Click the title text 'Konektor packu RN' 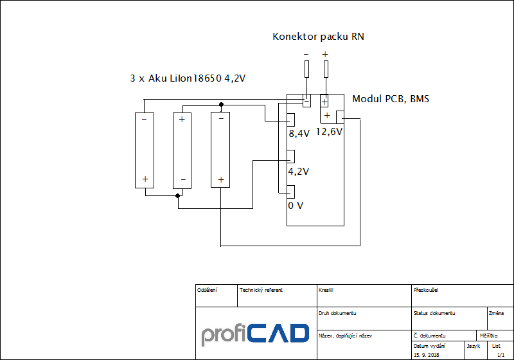(318, 37)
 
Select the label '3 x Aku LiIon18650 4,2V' (188, 78)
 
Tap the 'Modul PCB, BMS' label (391, 99)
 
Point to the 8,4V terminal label (299, 134)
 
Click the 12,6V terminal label (329, 132)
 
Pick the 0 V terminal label (296, 206)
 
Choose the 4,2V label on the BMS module (299, 172)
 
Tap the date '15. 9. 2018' (427, 355)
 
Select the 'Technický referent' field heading (261, 290)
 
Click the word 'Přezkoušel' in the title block (427, 290)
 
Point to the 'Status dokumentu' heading (434, 313)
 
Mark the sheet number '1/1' (501, 355)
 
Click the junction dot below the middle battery (177, 195)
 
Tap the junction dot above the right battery (221, 104)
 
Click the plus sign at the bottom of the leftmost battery (145, 179)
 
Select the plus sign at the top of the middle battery (182, 120)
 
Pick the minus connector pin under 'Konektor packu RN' (306, 69)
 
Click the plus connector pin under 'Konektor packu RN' (326, 69)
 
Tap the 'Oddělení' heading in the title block (207, 290)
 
